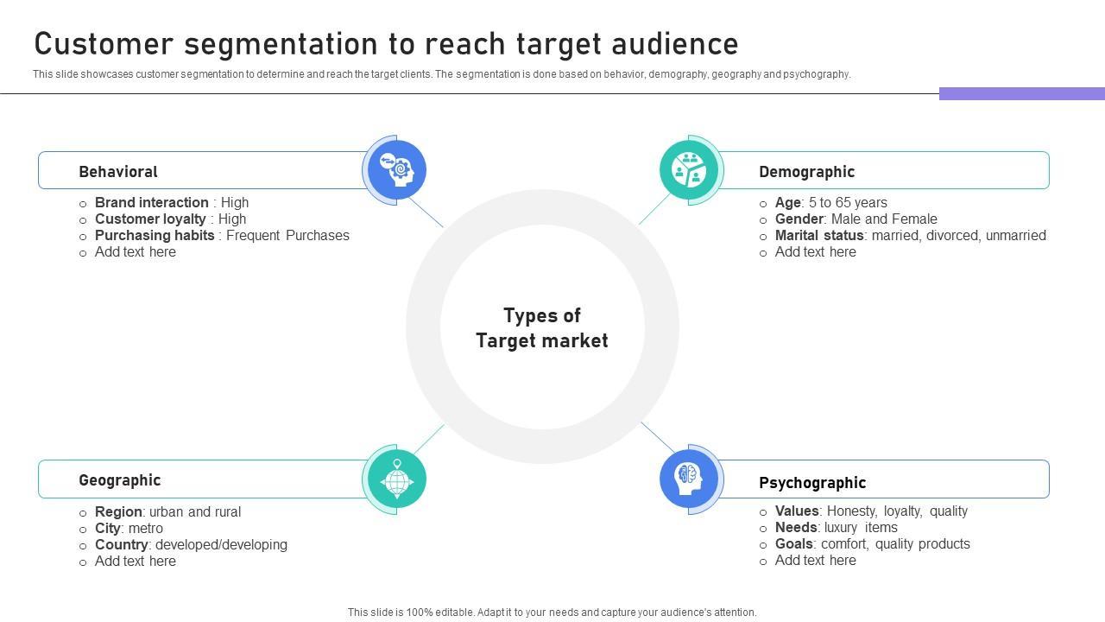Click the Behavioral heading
118,172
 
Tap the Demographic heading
806,172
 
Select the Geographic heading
119,480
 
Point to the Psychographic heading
812,483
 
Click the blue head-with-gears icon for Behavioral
397,169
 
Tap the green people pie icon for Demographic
689,169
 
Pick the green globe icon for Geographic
397,479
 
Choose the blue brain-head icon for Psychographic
689,479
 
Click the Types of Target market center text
542,328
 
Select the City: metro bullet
129,529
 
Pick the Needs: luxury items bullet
836,528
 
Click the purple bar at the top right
1021,93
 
